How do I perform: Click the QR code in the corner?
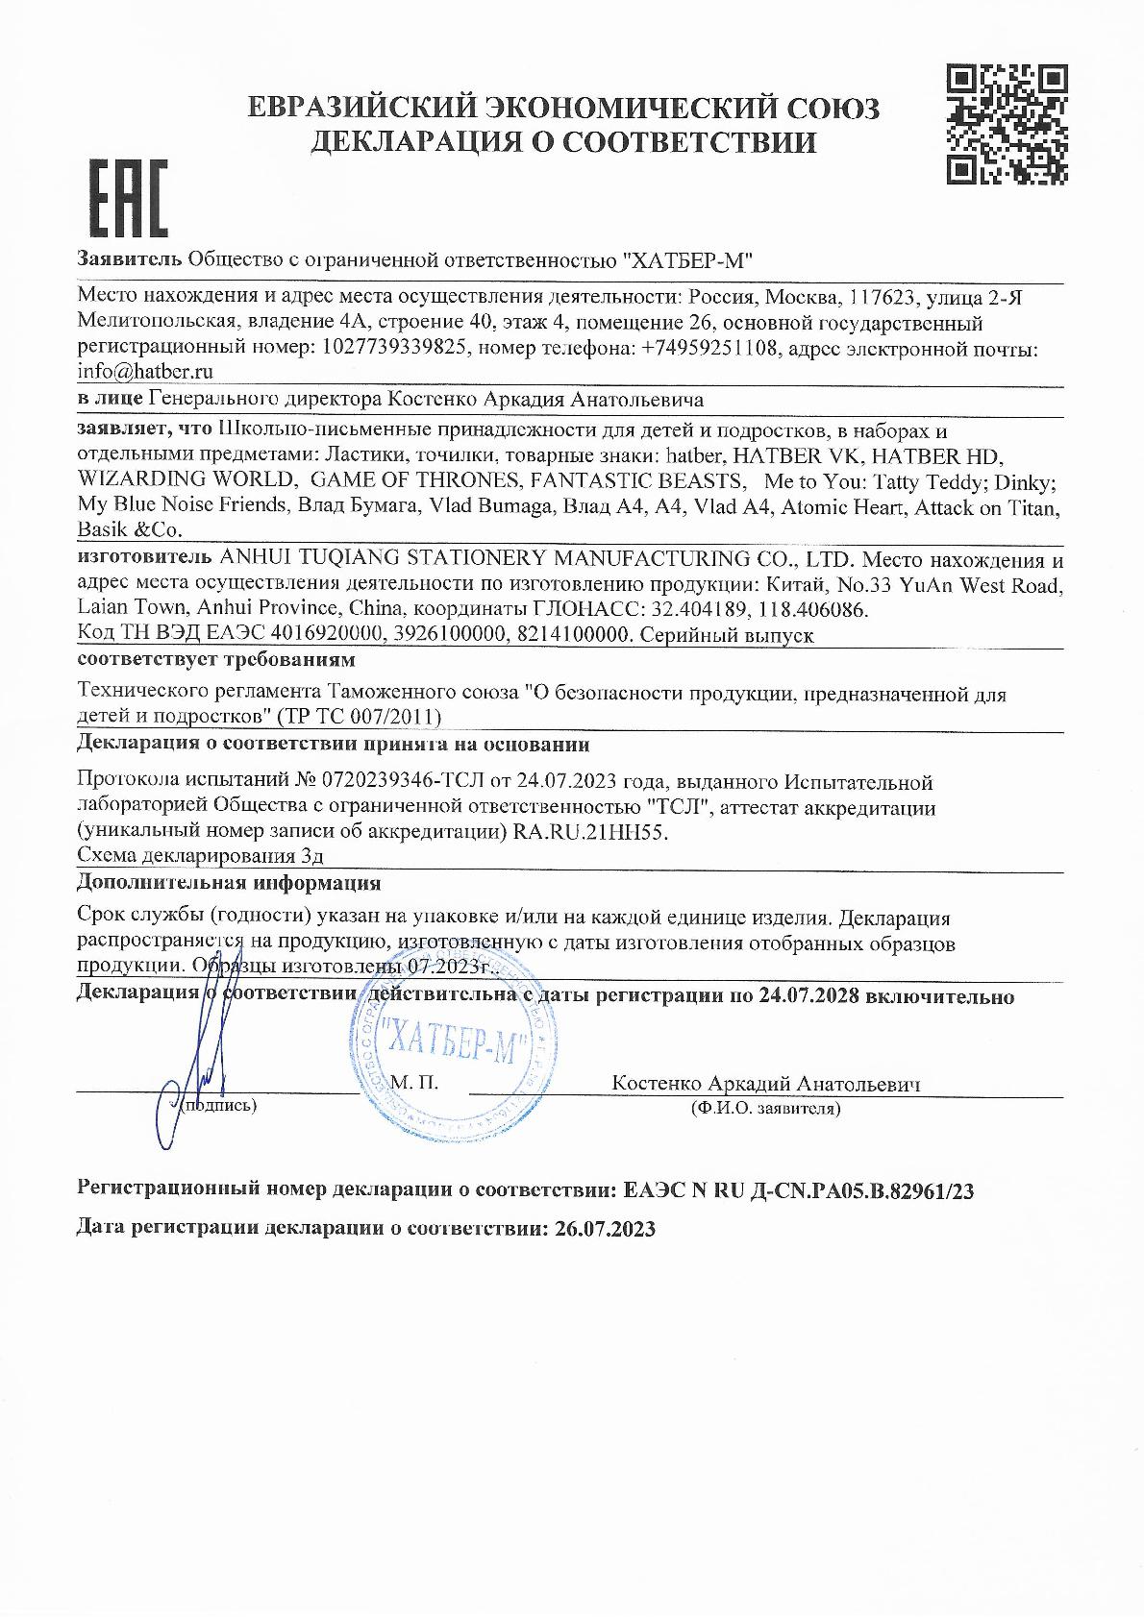point(1007,123)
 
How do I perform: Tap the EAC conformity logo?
point(128,200)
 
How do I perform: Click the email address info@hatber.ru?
point(144,371)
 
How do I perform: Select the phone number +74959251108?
point(703,349)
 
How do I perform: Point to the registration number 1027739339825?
point(391,349)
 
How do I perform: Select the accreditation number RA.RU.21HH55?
point(586,833)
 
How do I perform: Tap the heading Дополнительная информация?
point(228,882)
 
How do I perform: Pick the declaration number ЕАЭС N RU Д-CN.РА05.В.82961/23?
point(799,1191)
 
